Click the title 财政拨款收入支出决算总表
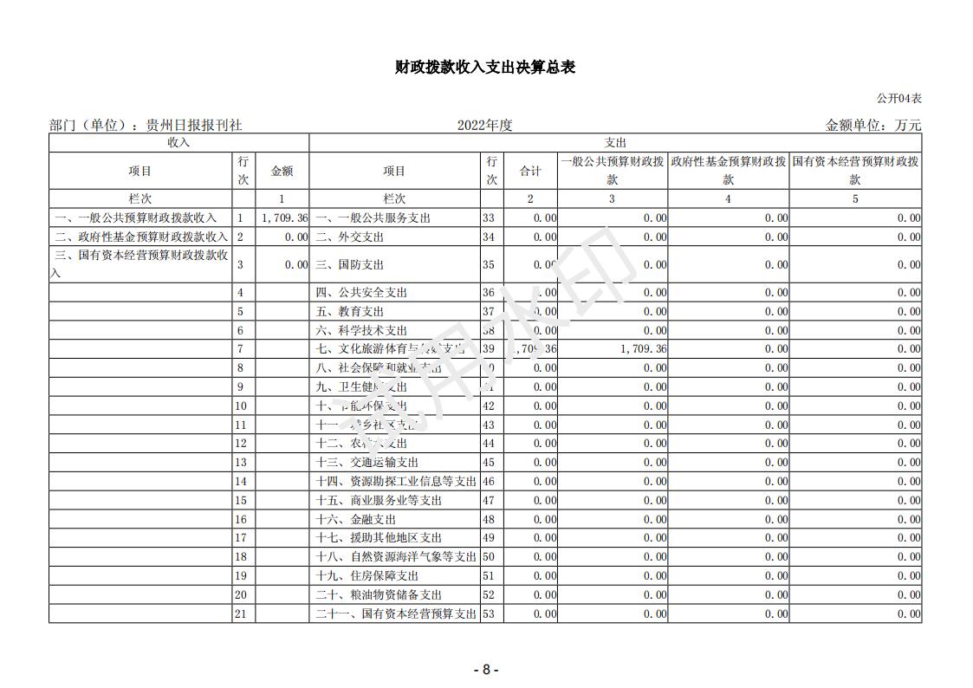click(485, 67)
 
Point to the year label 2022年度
click(485, 125)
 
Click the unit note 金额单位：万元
click(873, 125)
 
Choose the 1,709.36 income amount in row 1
click(283, 217)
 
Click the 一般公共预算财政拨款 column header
click(612, 171)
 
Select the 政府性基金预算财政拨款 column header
click(728, 171)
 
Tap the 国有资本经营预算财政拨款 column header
click(855, 171)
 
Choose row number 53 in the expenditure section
click(489, 613)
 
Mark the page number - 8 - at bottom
click(485, 669)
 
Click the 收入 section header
click(178, 142)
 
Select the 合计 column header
click(530, 171)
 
